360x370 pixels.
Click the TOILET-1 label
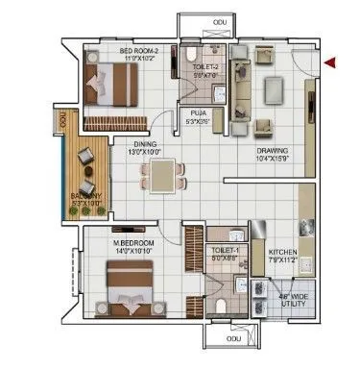pyautogui.click(x=224, y=249)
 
